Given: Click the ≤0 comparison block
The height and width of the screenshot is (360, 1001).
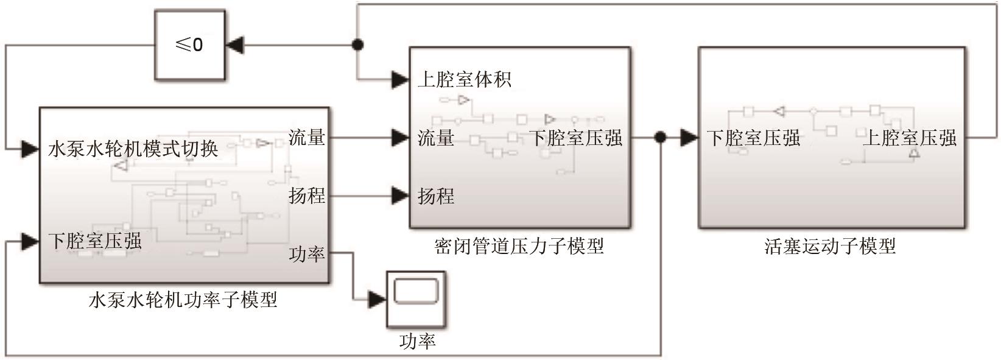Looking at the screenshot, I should pyautogui.click(x=189, y=45).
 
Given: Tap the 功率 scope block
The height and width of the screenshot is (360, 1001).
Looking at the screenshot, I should pyautogui.click(x=415, y=298).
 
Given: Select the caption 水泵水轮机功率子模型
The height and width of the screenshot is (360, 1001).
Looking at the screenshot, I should pyautogui.click(x=183, y=300).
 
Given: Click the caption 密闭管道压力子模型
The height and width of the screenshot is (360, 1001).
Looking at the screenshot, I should pyautogui.click(x=519, y=246).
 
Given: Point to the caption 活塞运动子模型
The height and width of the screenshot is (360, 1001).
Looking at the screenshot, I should pyautogui.click(x=830, y=246).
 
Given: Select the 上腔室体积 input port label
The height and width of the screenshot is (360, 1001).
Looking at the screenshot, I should pyautogui.click(x=465, y=79).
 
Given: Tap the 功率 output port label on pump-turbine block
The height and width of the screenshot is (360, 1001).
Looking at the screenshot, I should pyautogui.click(x=307, y=253).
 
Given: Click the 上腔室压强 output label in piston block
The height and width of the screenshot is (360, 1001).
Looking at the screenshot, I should pyautogui.click(x=910, y=138).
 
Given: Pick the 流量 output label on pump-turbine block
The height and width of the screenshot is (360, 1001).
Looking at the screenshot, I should pyautogui.click(x=307, y=138).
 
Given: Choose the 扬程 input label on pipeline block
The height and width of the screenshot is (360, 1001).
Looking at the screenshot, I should pyautogui.click(x=436, y=196).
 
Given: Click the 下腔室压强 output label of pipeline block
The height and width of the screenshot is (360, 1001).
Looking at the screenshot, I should pyautogui.click(x=576, y=138).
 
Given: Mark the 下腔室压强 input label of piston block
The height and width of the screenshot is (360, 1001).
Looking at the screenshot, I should pyautogui.click(x=753, y=138).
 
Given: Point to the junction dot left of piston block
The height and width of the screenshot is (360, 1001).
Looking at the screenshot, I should pyautogui.click(x=660, y=138).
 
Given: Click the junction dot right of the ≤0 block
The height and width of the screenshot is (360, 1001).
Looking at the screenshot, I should pyautogui.click(x=358, y=44).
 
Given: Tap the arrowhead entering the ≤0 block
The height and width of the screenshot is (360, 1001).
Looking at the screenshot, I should pyautogui.click(x=234, y=44).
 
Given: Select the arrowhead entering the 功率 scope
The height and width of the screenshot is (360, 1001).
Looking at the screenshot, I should pyautogui.click(x=378, y=299).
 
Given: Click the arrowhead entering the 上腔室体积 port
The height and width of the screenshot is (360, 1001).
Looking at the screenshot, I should pyautogui.click(x=400, y=79).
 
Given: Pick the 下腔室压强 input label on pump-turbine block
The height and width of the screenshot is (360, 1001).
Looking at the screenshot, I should pyautogui.click(x=95, y=241).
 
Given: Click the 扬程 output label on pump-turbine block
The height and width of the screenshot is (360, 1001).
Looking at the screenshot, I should pyautogui.click(x=307, y=196).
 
